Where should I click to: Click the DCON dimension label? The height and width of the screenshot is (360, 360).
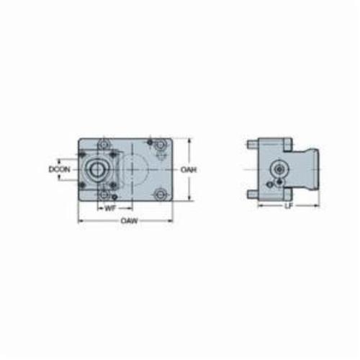pos(59,170)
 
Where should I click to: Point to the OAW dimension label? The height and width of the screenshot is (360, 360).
pos(130,220)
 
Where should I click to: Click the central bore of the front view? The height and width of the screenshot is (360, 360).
pos(97,169)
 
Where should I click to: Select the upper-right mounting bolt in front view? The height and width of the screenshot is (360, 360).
pos(160,145)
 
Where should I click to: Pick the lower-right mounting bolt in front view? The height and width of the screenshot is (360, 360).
pos(160,194)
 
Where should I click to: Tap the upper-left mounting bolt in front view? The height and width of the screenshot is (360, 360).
pos(104,145)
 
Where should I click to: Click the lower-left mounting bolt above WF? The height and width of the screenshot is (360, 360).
pos(104,194)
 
